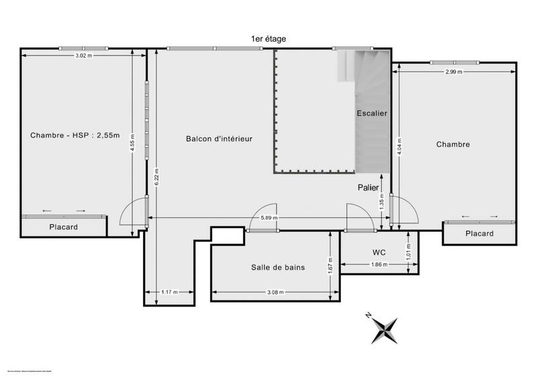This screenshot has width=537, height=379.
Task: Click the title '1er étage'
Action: tap(268, 39)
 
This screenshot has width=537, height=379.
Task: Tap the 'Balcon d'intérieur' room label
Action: tap(219, 139)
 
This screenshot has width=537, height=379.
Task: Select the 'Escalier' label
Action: tap(372, 113)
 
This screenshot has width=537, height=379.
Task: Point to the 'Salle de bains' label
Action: tap(278, 267)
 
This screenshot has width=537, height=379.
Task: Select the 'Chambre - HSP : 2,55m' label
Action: tap(75, 136)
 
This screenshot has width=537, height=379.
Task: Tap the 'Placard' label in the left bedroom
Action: tap(63, 227)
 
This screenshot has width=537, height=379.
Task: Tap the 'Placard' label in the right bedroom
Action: tap(479, 233)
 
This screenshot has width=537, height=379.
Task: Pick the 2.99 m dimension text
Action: tap(454, 70)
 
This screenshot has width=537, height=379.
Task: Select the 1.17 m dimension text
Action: tap(170, 292)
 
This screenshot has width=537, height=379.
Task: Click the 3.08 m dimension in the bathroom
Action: tap(275, 292)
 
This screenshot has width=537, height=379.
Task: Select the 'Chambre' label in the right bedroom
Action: tap(453, 144)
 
